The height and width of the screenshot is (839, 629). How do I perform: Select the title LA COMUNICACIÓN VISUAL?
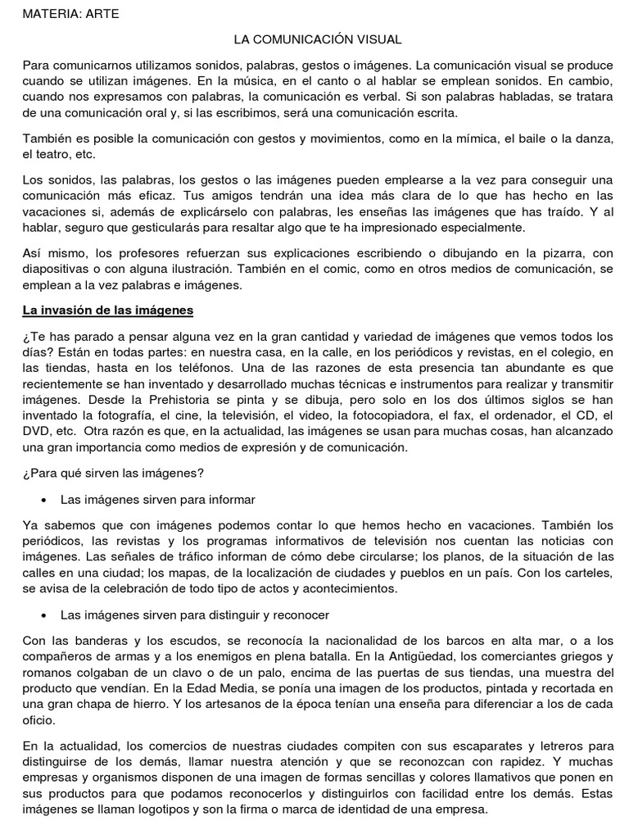pos(318,39)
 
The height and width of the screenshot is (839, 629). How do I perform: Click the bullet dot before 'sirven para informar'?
pos(43,500)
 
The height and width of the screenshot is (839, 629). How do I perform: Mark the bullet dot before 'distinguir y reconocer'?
pos(43,615)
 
